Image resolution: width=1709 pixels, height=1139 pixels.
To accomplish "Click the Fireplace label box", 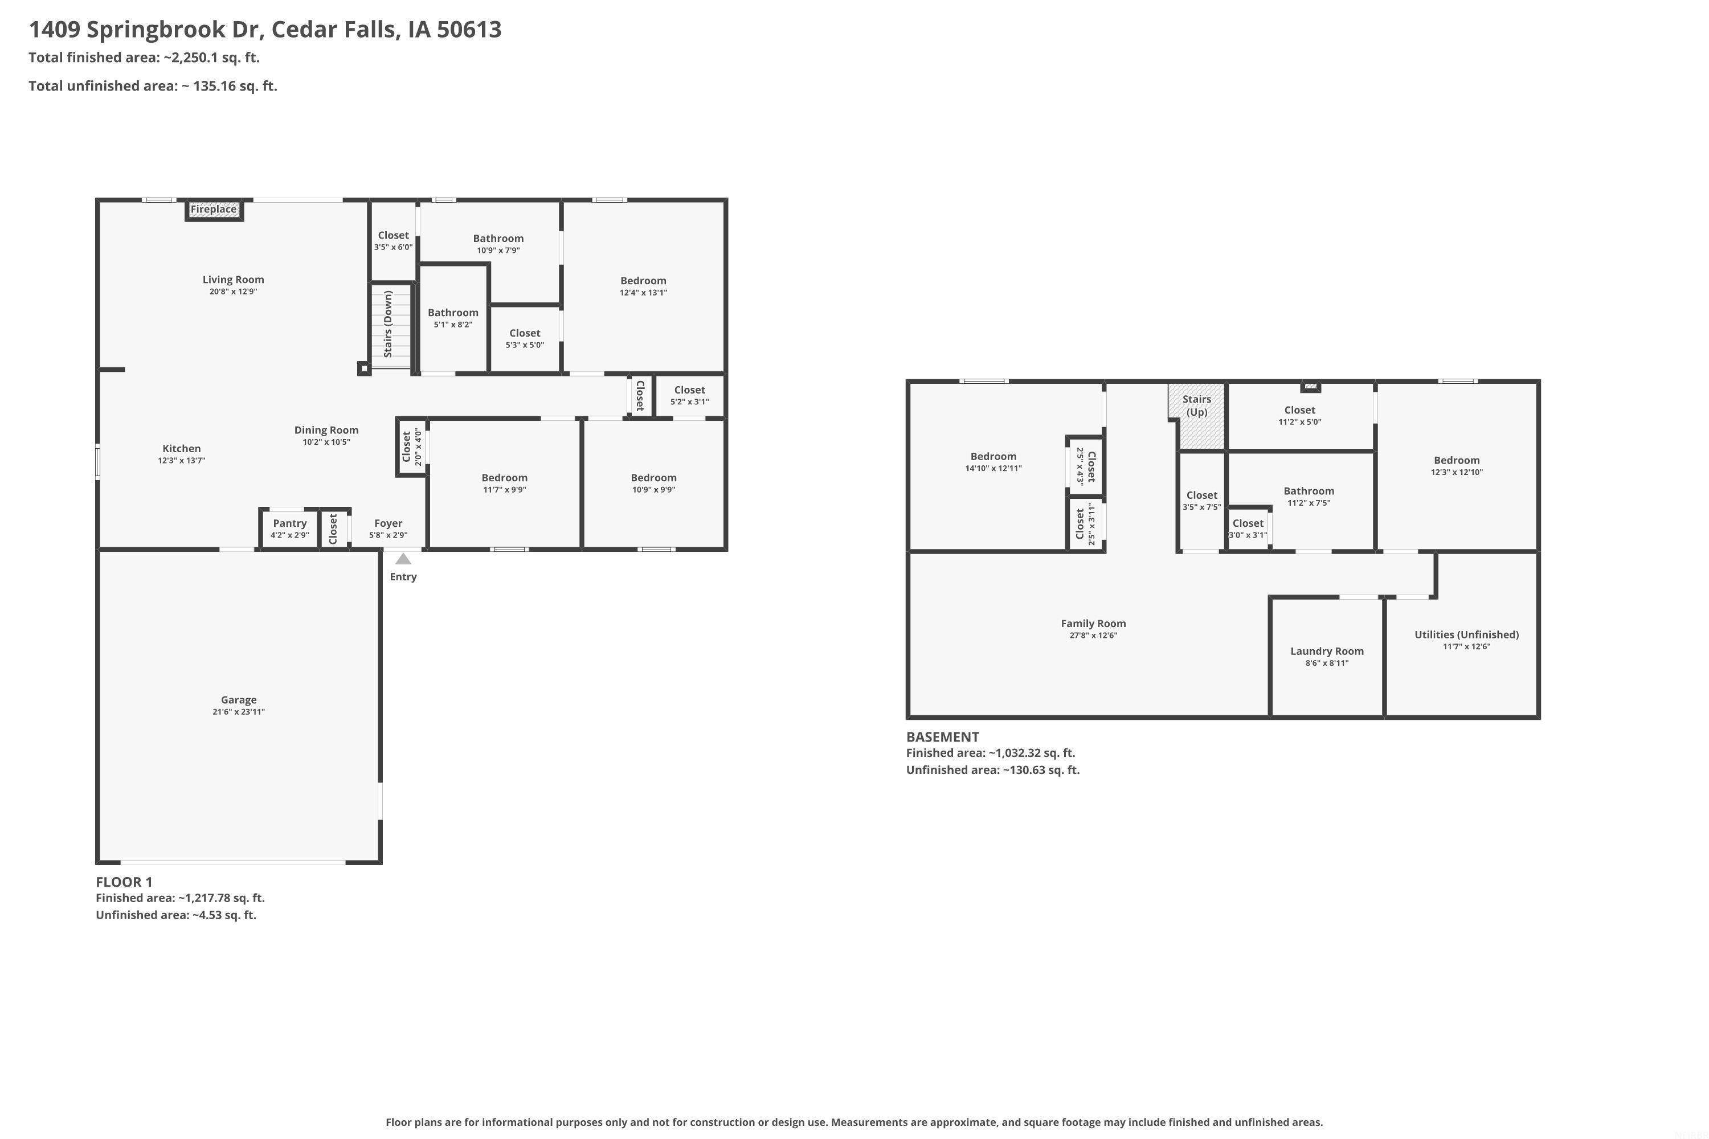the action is (214, 210).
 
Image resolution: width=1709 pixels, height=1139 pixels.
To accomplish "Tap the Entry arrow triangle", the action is (403, 559).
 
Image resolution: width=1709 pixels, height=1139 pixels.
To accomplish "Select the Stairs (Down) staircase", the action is (391, 327).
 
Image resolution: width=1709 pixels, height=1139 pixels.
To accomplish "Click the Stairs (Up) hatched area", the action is (1197, 416).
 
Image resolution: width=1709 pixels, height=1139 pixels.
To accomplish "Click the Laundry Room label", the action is (1327, 652).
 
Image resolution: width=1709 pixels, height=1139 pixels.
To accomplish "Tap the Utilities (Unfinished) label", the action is (1466, 635).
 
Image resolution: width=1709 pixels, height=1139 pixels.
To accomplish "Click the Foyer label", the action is (388, 523).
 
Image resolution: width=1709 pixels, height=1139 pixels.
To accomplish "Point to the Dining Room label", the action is (326, 430).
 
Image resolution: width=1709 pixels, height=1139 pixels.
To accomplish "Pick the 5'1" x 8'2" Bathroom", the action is (453, 319).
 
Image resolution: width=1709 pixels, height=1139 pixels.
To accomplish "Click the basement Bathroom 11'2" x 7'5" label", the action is (1309, 491).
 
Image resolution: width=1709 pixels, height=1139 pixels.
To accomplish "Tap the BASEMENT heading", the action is (942, 736).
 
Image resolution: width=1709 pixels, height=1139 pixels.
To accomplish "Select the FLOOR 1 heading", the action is (124, 882).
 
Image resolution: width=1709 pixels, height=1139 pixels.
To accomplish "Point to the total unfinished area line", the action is (153, 86).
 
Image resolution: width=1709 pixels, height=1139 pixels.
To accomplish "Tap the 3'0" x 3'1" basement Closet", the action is (1248, 528).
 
